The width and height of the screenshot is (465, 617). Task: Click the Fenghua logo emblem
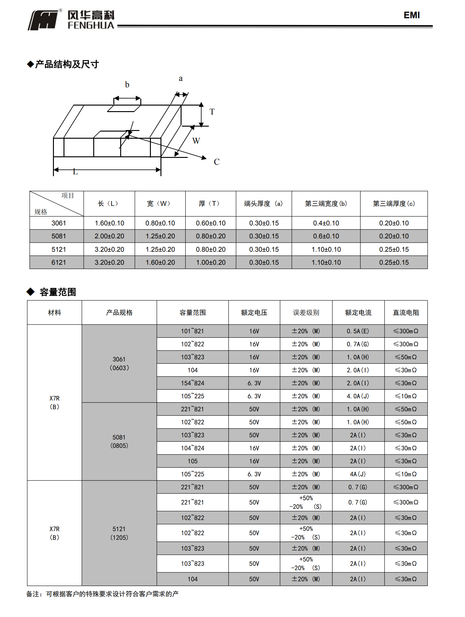tap(43, 20)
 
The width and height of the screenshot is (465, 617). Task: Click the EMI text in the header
tap(411, 15)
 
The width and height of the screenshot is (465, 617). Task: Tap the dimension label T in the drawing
tap(212, 112)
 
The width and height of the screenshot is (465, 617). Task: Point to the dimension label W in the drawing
tap(196, 141)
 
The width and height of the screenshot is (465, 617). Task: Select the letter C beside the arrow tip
tap(217, 162)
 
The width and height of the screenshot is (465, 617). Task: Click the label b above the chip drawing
tap(127, 85)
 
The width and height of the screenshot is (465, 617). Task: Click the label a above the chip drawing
tap(181, 79)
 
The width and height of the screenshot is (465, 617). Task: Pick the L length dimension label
tap(75, 172)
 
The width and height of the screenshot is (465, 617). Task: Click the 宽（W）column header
tap(160, 204)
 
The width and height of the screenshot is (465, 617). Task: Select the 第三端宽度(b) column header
tap(326, 204)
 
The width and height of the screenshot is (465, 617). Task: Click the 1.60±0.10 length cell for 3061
tap(109, 223)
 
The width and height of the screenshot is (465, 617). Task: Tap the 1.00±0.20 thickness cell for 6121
tap(211, 263)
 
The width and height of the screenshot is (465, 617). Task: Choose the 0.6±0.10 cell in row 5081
tap(326, 236)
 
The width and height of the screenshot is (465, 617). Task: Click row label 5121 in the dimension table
tap(59, 250)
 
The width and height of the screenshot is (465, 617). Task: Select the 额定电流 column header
tap(358, 313)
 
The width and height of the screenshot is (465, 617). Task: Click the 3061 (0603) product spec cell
tap(119, 364)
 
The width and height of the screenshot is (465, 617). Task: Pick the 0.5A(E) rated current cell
tap(358, 331)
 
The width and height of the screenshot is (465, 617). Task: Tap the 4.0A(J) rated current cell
tap(358, 396)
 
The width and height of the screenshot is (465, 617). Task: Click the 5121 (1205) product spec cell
tap(119, 533)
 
